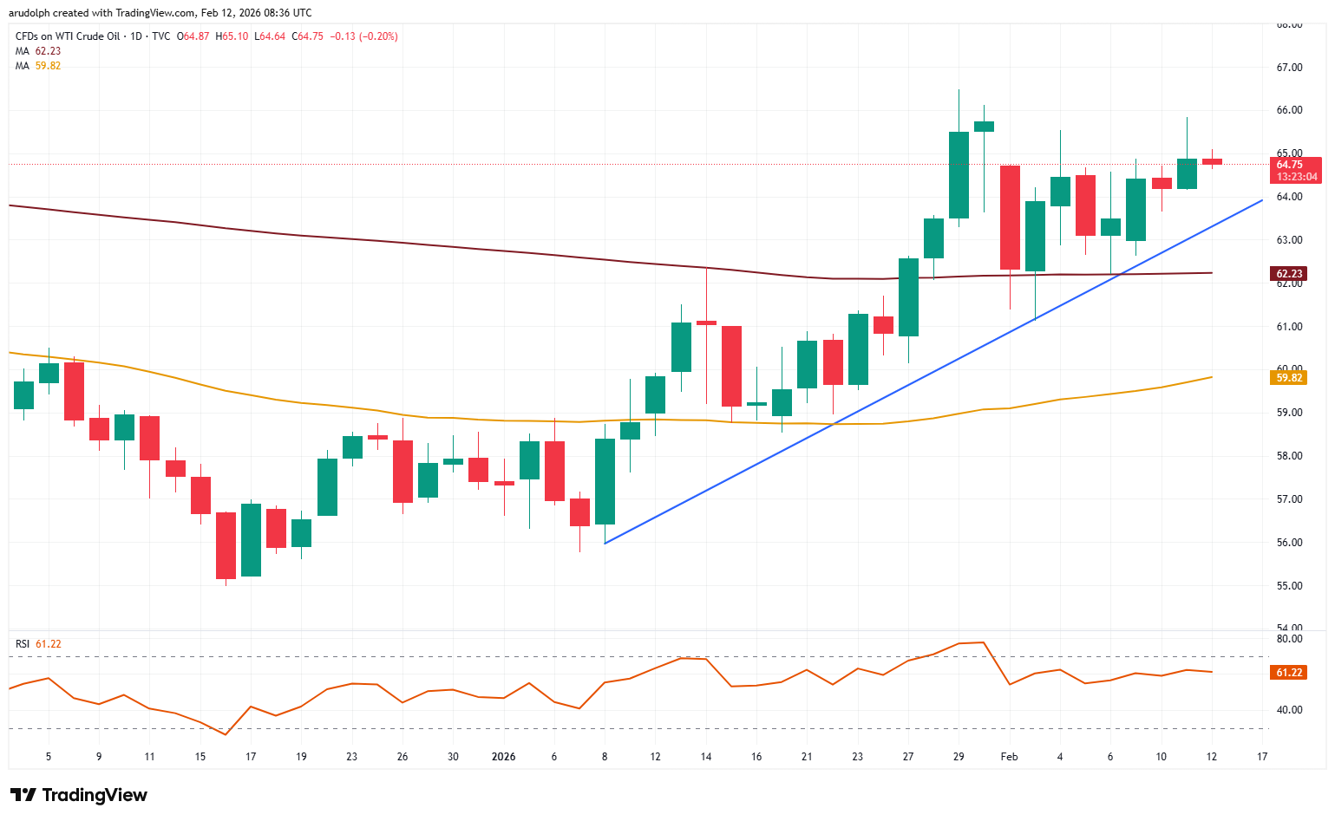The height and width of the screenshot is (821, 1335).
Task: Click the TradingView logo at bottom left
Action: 79,795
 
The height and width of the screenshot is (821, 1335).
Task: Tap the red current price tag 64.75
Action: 1296,165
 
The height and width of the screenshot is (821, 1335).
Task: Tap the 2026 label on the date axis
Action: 503,757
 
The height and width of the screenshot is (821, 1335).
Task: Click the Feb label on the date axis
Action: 1009,757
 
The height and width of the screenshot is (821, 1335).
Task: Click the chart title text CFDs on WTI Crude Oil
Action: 68,36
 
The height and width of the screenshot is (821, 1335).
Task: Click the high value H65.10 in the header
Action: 232,36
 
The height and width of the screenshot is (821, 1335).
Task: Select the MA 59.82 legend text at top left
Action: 38,66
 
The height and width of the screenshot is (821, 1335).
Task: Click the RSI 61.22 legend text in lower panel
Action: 38,644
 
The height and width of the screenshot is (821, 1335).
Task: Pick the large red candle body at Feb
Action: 1009,217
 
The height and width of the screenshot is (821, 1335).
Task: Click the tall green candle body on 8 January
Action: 605,481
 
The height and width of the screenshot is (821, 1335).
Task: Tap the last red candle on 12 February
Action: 1212,161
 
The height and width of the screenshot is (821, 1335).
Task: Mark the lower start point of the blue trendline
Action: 605,544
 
